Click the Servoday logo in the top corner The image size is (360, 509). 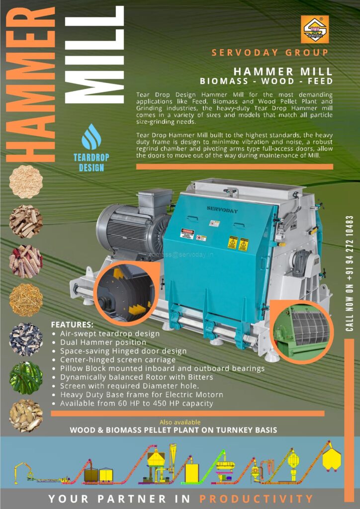[x=315, y=29]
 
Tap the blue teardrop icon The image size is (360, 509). [x=91, y=137]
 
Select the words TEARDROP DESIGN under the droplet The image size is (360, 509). [x=91, y=163]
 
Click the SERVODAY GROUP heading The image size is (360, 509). [x=270, y=53]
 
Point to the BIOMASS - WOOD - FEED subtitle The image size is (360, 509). [x=267, y=81]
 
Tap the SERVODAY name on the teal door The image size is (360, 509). [x=222, y=210]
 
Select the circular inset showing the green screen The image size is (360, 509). [x=301, y=332]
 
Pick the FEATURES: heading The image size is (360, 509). [x=73, y=325]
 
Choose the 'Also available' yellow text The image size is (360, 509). [x=180, y=423]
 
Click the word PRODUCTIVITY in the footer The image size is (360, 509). [x=256, y=499]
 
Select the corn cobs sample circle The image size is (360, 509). [x=26, y=261]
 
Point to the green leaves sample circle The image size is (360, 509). [x=26, y=378]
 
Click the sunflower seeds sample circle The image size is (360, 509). [x=26, y=339]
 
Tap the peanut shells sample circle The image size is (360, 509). [x=26, y=416]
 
